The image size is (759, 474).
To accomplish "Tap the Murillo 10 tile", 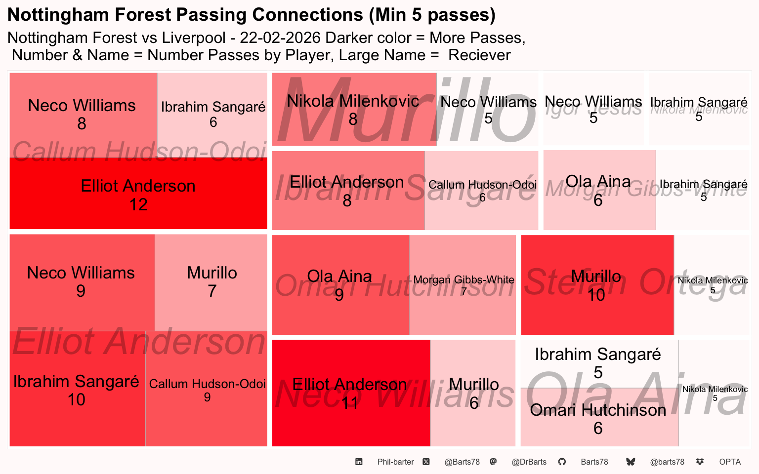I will click(597, 285).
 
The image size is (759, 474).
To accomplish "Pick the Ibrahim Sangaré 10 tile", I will click(77, 390).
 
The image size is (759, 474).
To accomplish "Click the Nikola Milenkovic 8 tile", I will click(354, 110).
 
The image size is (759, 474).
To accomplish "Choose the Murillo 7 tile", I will click(211, 282).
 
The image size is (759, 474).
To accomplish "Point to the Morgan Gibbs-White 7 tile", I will click(463, 285).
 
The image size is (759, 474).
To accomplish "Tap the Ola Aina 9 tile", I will click(340, 285).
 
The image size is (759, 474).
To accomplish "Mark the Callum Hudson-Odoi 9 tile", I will click(207, 390).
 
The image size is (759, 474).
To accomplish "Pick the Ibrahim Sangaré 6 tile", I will click(212, 115).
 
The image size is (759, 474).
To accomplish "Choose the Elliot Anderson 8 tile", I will click(348, 191).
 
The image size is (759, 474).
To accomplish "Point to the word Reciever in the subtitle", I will click(479, 55).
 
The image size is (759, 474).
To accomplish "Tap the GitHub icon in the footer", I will click(562, 462).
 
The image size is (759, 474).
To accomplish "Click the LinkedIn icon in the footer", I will click(359, 462).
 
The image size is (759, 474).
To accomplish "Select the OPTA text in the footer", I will click(730, 462).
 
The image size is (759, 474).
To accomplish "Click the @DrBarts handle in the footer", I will click(529, 462).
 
